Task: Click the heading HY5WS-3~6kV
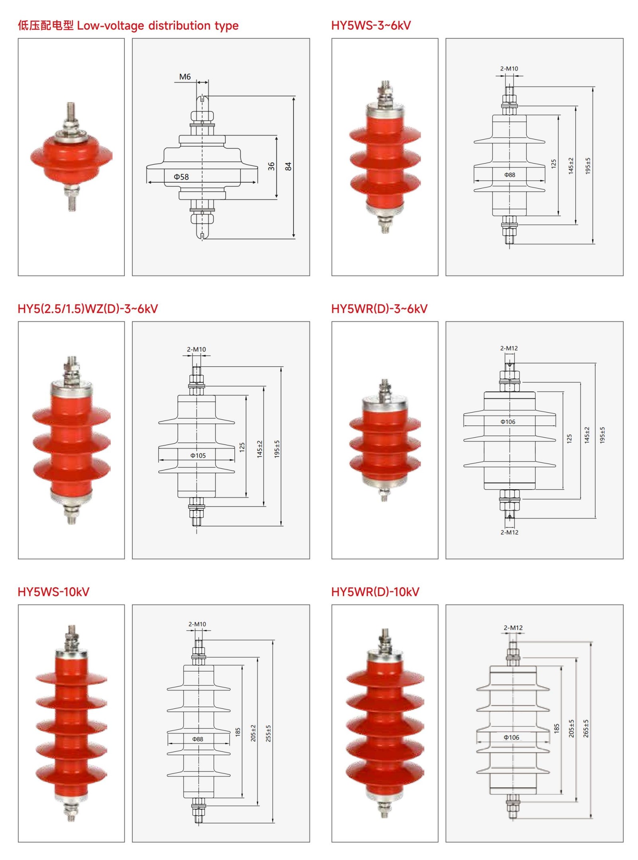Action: (x=370, y=26)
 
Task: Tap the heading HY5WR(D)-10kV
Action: (x=375, y=592)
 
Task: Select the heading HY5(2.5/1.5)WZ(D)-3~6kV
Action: (x=88, y=309)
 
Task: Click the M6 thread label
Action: (x=185, y=77)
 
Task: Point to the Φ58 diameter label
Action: (x=181, y=177)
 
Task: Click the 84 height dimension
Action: (x=288, y=166)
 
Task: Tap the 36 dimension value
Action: (x=271, y=166)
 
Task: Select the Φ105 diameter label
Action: (x=198, y=455)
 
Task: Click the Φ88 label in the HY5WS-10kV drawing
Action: (x=197, y=739)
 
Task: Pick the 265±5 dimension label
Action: (x=586, y=728)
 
